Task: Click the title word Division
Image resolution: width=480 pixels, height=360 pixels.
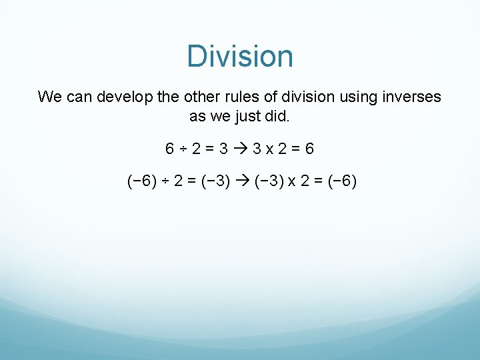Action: click(240, 56)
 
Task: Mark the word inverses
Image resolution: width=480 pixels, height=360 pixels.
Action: click(413, 97)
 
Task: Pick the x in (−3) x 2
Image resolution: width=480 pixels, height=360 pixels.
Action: click(291, 181)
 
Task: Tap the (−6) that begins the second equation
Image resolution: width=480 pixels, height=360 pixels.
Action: click(139, 181)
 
